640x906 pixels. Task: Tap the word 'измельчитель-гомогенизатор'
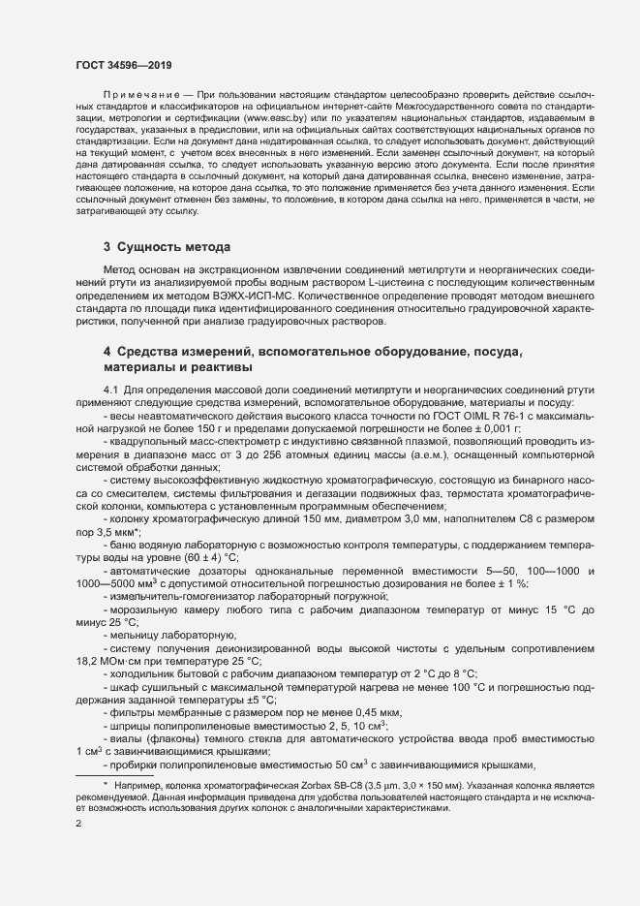pyautogui.click(x=178, y=596)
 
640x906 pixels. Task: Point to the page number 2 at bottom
pyautogui.click(x=78, y=824)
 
